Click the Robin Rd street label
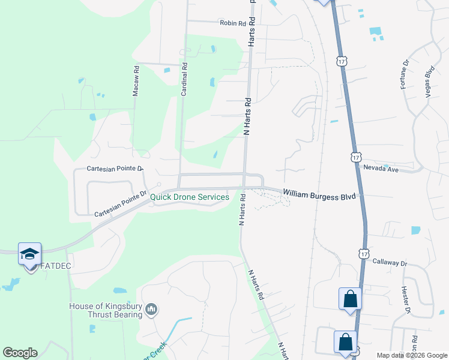click(233, 23)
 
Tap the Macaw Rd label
click(136, 81)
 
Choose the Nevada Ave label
click(381, 169)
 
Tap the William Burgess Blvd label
click(319, 196)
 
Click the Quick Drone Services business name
click(190, 197)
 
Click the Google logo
click(20, 353)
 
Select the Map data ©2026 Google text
click(411, 355)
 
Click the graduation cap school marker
click(29, 254)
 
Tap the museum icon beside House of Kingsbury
click(151, 310)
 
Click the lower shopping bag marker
click(345, 342)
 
